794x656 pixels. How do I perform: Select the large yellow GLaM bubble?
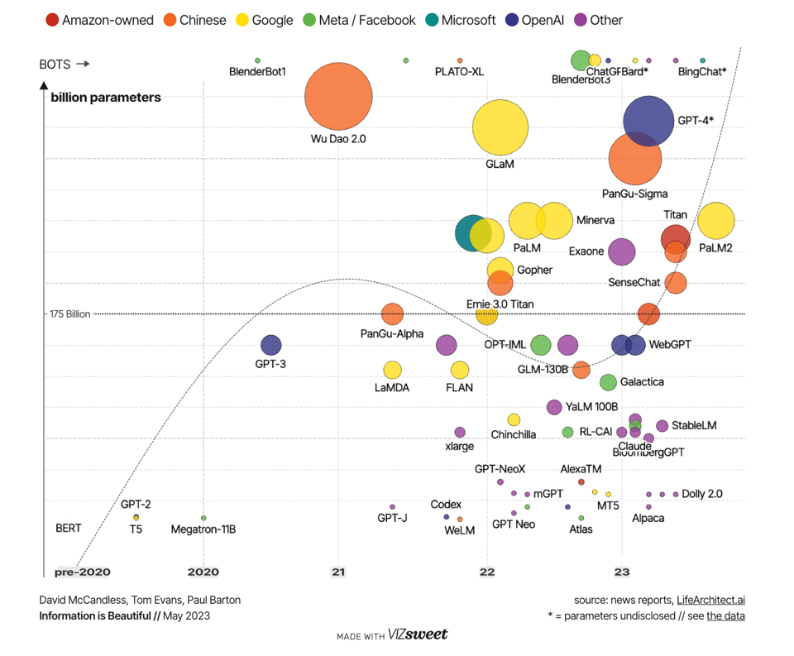pos(500,127)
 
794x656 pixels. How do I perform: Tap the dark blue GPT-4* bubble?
pos(648,121)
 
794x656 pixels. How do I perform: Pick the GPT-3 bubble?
pos(270,345)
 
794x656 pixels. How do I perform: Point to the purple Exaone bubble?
pos(622,251)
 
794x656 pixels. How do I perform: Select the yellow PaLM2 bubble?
pos(716,221)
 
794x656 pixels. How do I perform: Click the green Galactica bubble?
pos(608,382)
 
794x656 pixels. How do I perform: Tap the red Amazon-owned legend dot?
pos(51,20)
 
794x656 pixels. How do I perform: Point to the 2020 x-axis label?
pos(203,571)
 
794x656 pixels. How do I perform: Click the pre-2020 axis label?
pos(82,572)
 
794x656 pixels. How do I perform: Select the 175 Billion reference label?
pos(69,314)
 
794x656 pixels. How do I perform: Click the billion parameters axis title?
pos(106,98)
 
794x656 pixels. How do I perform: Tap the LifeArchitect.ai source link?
pos(710,600)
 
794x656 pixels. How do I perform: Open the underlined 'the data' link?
pos(725,615)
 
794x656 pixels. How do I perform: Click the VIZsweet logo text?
pos(418,634)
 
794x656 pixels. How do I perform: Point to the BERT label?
pos(69,528)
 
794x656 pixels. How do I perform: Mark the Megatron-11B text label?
pos(203,529)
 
